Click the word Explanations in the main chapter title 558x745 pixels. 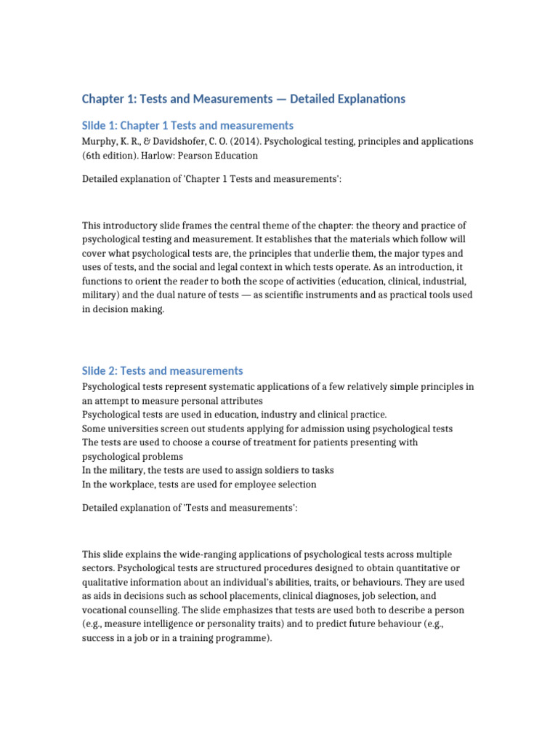point(362,98)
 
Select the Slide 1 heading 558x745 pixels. point(187,125)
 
